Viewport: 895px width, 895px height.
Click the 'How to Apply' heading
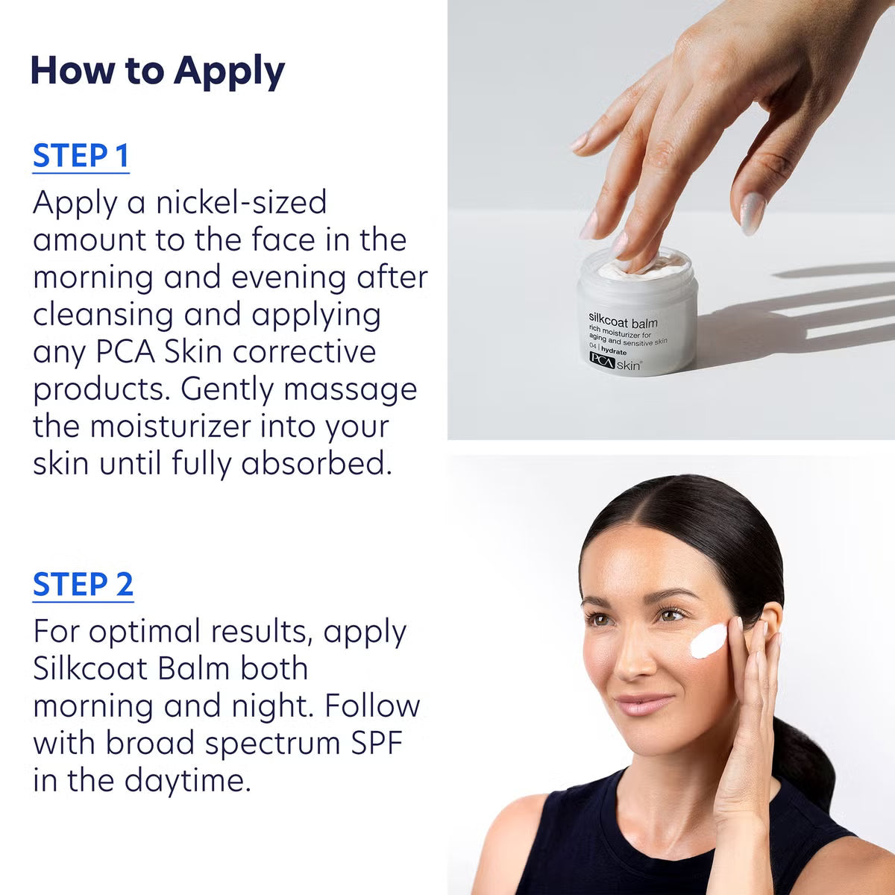157,72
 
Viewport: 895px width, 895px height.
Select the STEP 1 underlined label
81,156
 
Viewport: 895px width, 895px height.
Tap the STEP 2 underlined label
83,585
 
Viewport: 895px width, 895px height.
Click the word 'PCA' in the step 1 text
125,352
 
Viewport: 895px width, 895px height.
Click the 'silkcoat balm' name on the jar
623,323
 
